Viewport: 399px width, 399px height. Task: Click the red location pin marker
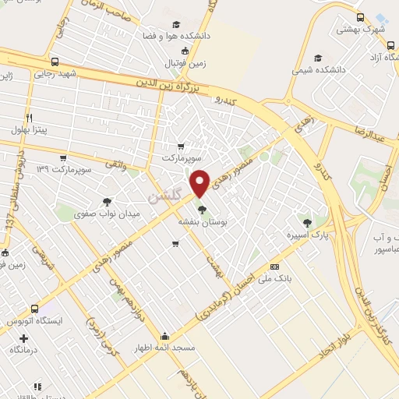pyautogui.click(x=200, y=182)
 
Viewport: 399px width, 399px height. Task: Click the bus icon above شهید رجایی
pyautogui.click(x=54, y=62)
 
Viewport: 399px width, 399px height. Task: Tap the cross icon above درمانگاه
pyautogui.click(x=23, y=339)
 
